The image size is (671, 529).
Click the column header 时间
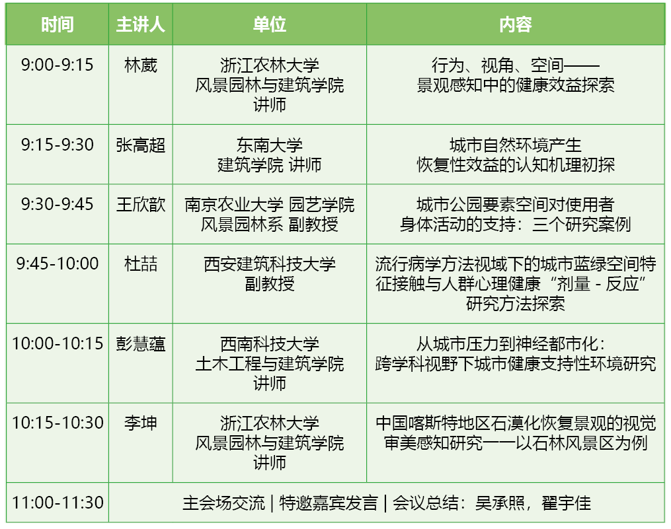(57, 25)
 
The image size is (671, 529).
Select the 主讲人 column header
(140, 25)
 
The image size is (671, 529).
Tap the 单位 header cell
(269, 25)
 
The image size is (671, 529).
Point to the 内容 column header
(515, 25)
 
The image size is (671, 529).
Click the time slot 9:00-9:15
(57, 65)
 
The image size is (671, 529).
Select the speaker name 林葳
(140, 65)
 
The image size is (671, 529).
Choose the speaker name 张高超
(140, 145)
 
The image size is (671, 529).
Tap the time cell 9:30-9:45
(57, 204)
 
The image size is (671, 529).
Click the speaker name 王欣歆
(140, 204)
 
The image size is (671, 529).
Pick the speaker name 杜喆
(140, 264)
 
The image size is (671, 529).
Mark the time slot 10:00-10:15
(58, 343)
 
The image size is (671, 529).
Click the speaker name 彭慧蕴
(140, 343)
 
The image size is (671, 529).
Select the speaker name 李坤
(140, 423)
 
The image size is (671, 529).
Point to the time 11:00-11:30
(58, 503)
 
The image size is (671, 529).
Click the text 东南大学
(269, 145)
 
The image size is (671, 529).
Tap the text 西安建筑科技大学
(269, 264)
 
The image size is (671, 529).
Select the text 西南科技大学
(269, 343)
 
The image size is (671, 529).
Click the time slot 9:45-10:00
(57, 264)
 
